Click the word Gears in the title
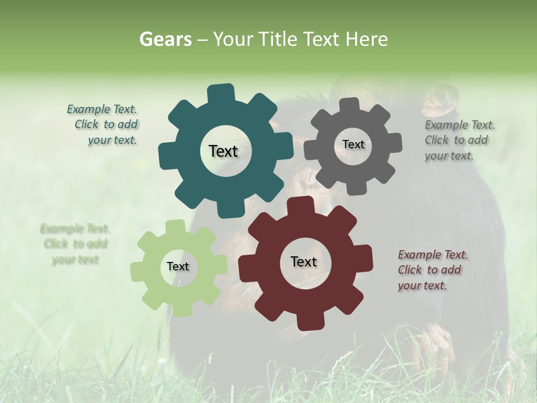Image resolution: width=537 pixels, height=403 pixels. click(164, 39)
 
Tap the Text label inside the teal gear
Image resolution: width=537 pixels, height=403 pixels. click(223, 151)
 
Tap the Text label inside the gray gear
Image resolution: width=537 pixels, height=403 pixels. click(353, 144)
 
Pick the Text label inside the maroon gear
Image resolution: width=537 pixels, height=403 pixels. click(304, 261)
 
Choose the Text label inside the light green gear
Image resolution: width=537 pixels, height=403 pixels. click(178, 266)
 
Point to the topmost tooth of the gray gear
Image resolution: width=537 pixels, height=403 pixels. click(349, 105)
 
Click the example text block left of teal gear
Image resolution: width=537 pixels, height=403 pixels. click(103, 125)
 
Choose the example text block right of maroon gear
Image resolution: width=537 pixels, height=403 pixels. click(431, 270)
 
